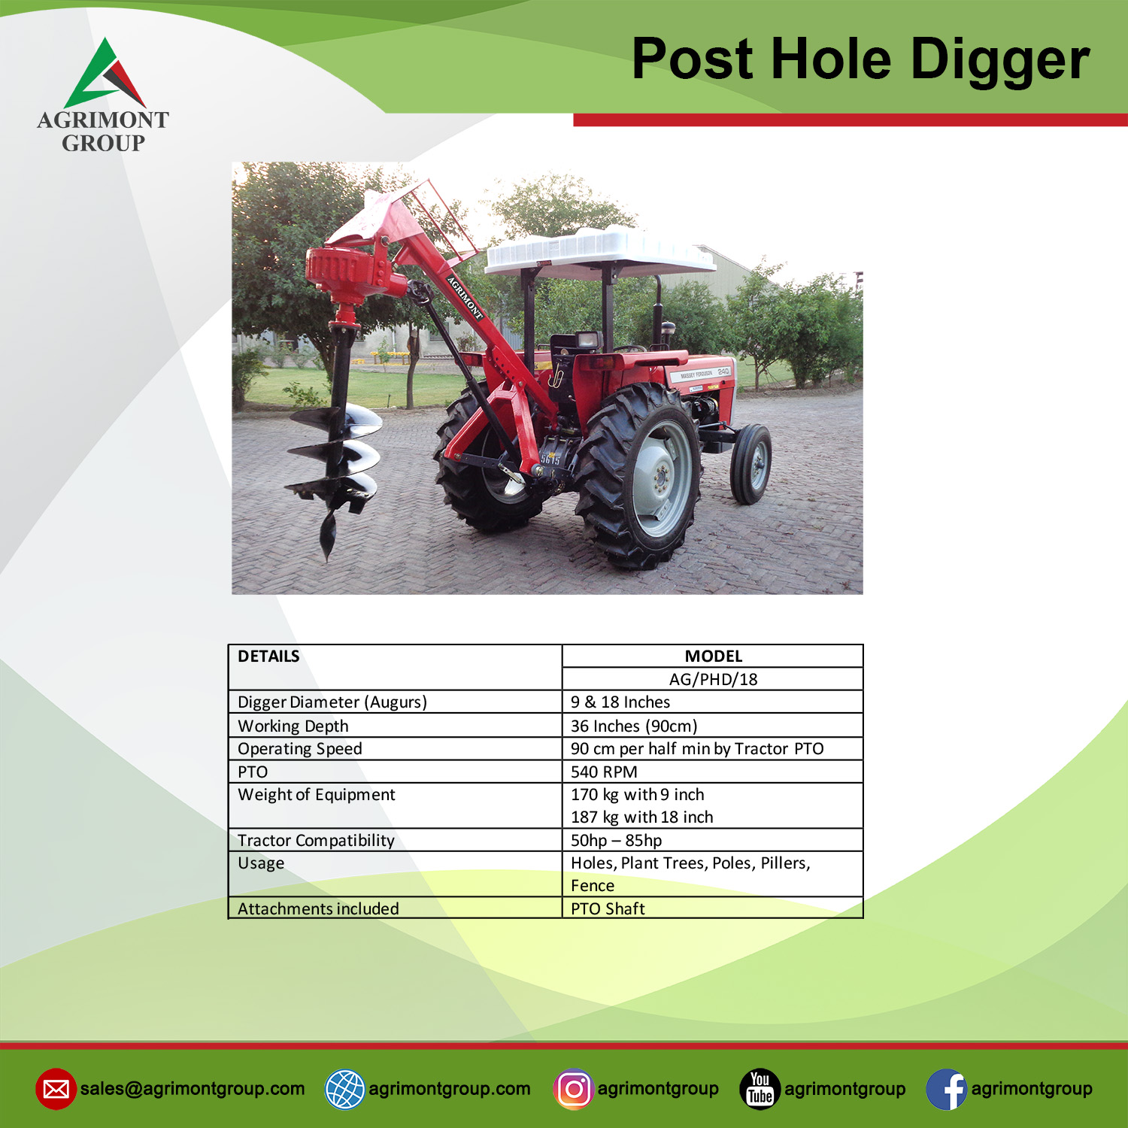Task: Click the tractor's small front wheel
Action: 751,464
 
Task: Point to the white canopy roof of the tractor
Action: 600,250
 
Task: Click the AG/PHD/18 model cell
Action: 713,679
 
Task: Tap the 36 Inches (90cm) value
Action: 634,726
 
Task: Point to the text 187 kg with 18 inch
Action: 641,817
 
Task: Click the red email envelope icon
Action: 56,1089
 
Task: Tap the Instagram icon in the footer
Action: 574,1089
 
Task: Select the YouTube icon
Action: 760,1089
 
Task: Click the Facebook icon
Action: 946,1089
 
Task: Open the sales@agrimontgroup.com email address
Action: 193,1089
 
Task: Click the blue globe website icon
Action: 344,1089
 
